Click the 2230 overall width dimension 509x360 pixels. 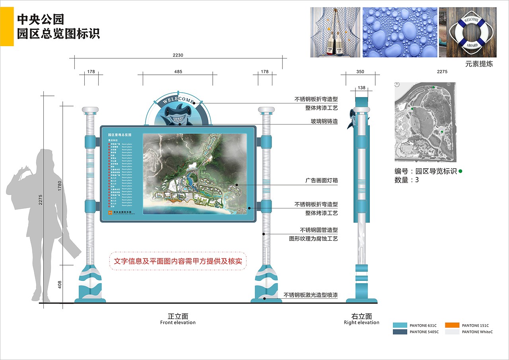tap(178, 55)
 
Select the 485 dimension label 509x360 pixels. tap(178, 72)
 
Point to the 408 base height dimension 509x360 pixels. tap(60, 284)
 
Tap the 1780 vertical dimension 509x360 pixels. tap(60, 185)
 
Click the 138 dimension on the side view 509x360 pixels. tap(361, 88)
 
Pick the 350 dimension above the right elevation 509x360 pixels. tap(360, 72)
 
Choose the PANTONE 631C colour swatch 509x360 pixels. tap(400, 325)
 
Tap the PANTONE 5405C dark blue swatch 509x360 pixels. tap(400, 332)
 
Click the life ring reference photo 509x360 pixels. tap(468, 32)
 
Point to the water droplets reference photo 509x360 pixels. tap(400, 32)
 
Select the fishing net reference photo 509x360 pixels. tap(335, 32)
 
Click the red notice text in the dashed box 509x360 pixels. tap(178, 261)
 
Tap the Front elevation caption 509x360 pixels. tap(178, 319)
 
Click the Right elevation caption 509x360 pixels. tap(361, 319)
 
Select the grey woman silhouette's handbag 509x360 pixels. tap(19, 195)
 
